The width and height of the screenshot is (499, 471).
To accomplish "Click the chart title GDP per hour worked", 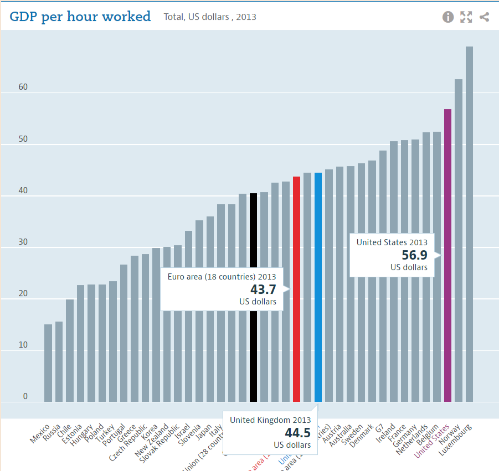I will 80,17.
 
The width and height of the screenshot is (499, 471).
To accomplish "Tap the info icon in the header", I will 448,17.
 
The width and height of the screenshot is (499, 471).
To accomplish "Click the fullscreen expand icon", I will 466,17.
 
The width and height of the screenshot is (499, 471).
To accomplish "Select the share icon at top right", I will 484,17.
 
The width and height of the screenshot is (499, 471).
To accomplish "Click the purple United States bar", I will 447,255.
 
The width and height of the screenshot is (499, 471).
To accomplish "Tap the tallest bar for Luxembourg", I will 469,221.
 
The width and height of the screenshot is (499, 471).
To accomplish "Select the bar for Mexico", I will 48,363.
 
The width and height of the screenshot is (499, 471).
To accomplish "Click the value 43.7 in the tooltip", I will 263,289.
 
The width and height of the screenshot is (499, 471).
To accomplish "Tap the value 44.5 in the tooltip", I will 297,432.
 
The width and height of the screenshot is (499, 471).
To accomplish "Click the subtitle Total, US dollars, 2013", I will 210,17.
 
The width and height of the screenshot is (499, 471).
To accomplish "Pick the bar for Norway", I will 459,238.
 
